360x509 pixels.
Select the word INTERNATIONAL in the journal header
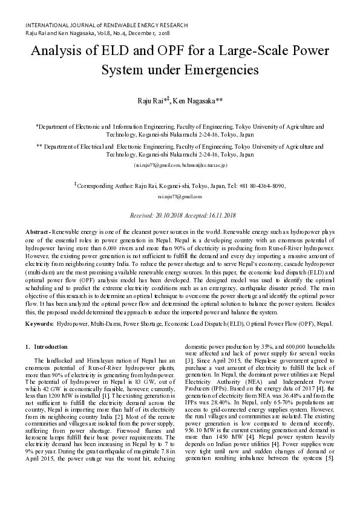47,25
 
